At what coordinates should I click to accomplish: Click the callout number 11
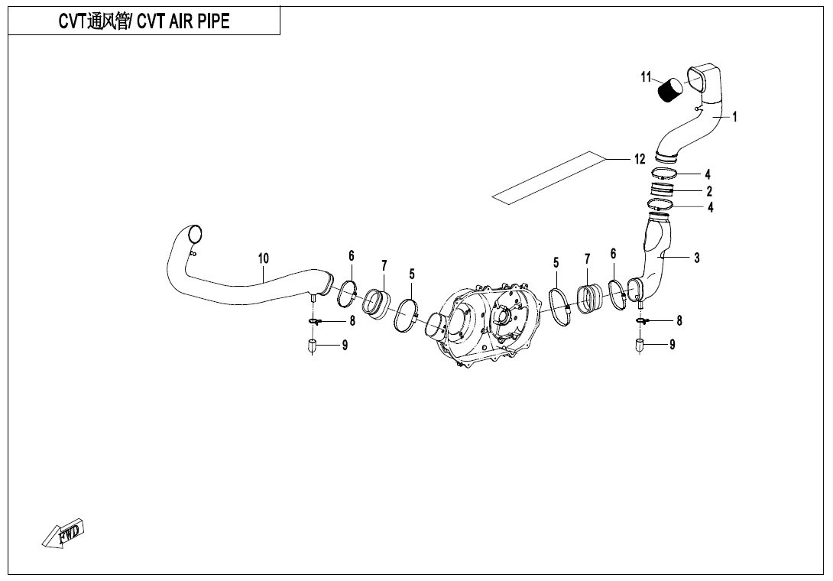(x=646, y=78)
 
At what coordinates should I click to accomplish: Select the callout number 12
(x=640, y=159)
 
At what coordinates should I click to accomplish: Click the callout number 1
(x=734, y=116)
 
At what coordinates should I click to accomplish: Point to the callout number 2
(x=709, y=191)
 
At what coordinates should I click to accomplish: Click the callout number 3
(x=697, y=258)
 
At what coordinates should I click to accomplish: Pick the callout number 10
(x=264, y=259)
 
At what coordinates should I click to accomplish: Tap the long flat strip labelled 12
(x=548, y=177)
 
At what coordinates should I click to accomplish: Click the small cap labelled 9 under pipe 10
(x=313, y=346)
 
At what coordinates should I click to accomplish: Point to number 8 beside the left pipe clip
(x=352, y=321)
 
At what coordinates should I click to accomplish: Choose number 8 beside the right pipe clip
(x=679, y=320)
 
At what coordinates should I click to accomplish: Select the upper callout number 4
(x=707, y=174)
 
